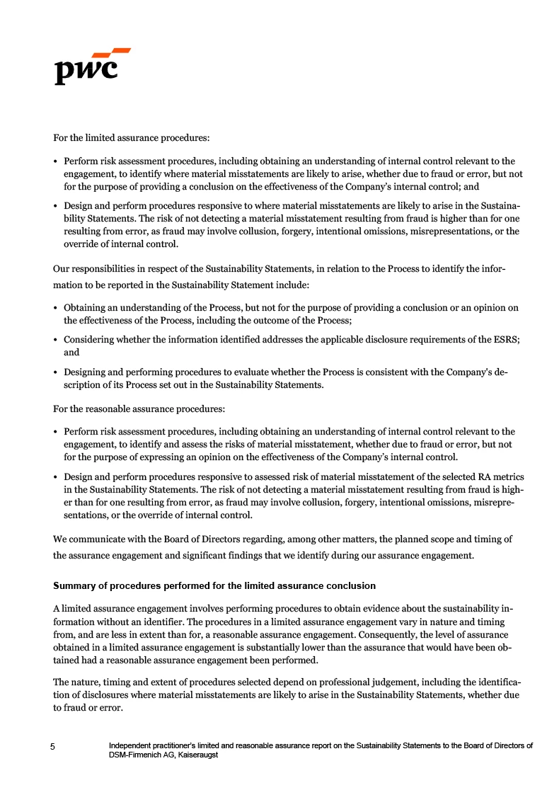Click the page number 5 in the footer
52,746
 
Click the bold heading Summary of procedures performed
214,586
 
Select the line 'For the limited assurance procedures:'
131,137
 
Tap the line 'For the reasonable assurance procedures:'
139,408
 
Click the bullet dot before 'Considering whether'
56,340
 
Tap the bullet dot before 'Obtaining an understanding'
56,308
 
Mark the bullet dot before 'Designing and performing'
56,373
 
